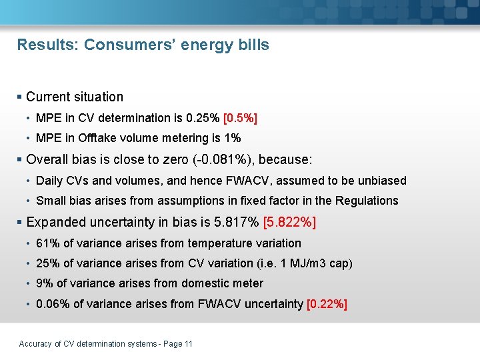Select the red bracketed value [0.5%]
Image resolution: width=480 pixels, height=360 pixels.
[240, 118]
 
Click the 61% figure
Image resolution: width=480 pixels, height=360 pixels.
[47, 243]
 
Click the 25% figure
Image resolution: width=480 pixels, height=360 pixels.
[47, 263]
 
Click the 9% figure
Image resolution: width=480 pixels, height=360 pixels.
[43, 283]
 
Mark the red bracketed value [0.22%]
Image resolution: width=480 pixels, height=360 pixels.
[327, 304]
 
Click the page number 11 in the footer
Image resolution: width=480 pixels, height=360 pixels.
[188, 344]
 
